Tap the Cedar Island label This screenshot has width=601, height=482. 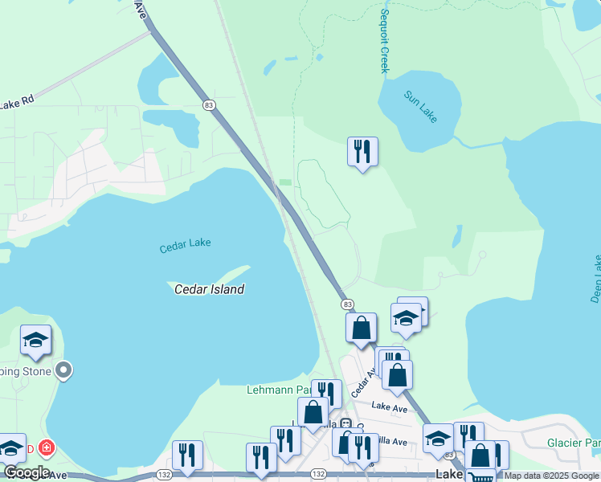210,289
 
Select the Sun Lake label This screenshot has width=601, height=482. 420,106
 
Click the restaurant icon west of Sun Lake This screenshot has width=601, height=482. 362,150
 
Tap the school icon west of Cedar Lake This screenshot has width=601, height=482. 35,341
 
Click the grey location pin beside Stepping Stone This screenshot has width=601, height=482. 65,371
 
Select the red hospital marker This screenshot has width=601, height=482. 47,447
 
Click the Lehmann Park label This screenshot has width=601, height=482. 278,390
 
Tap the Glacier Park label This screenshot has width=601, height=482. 574,443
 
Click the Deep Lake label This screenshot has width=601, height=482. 595,278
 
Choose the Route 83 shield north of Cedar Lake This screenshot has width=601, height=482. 209,105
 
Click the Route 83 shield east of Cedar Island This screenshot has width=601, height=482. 347,304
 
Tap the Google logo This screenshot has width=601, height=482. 27,472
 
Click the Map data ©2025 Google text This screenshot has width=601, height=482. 551,476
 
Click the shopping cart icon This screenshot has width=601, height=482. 480,476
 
